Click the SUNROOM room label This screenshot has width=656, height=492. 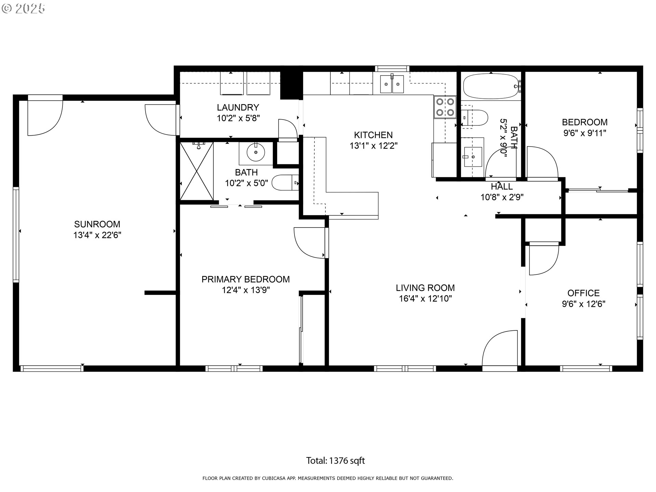[x=97, y=224]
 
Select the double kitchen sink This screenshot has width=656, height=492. [x=392, y=84]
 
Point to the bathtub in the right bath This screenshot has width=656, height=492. [x=491, y=86]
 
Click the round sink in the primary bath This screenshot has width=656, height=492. [x=256, y=153]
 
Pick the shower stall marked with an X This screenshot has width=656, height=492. [x=197, y=171]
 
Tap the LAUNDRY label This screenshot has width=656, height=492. [x=238, y=107]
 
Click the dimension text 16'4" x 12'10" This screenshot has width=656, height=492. [x=425, y=299]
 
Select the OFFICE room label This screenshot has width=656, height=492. [x=584, y=293]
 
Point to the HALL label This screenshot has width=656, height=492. [x=502, y=187]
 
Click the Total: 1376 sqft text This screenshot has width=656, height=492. [x=336, y=461]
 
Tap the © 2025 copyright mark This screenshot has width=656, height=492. [x=23, y=9]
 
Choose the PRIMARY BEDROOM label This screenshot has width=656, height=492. [x=246, y=279]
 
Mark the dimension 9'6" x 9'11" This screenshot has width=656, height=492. [x=585, y=133]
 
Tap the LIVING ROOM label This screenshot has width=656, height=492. [x=425, y=288]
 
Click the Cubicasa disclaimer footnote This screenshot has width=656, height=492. [x=328, y=478]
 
